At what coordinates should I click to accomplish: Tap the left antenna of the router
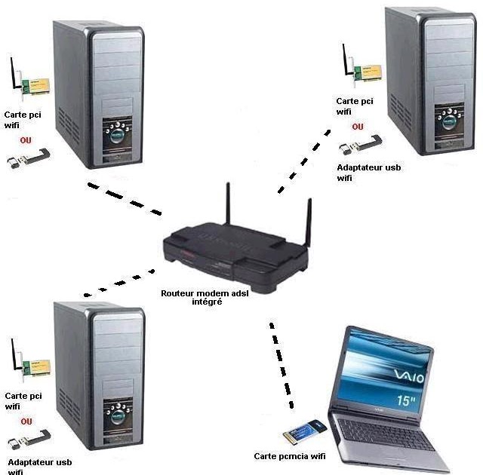tap(227, 207)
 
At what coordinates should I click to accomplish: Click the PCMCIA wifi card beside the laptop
tap(303, 435)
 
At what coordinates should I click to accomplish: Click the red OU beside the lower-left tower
tap(26, 421)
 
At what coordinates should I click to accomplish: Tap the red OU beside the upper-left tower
tap(27, 141)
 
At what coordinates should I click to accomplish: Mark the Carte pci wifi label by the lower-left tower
tap(23, 400)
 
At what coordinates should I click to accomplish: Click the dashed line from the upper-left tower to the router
tap(125, 198)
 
